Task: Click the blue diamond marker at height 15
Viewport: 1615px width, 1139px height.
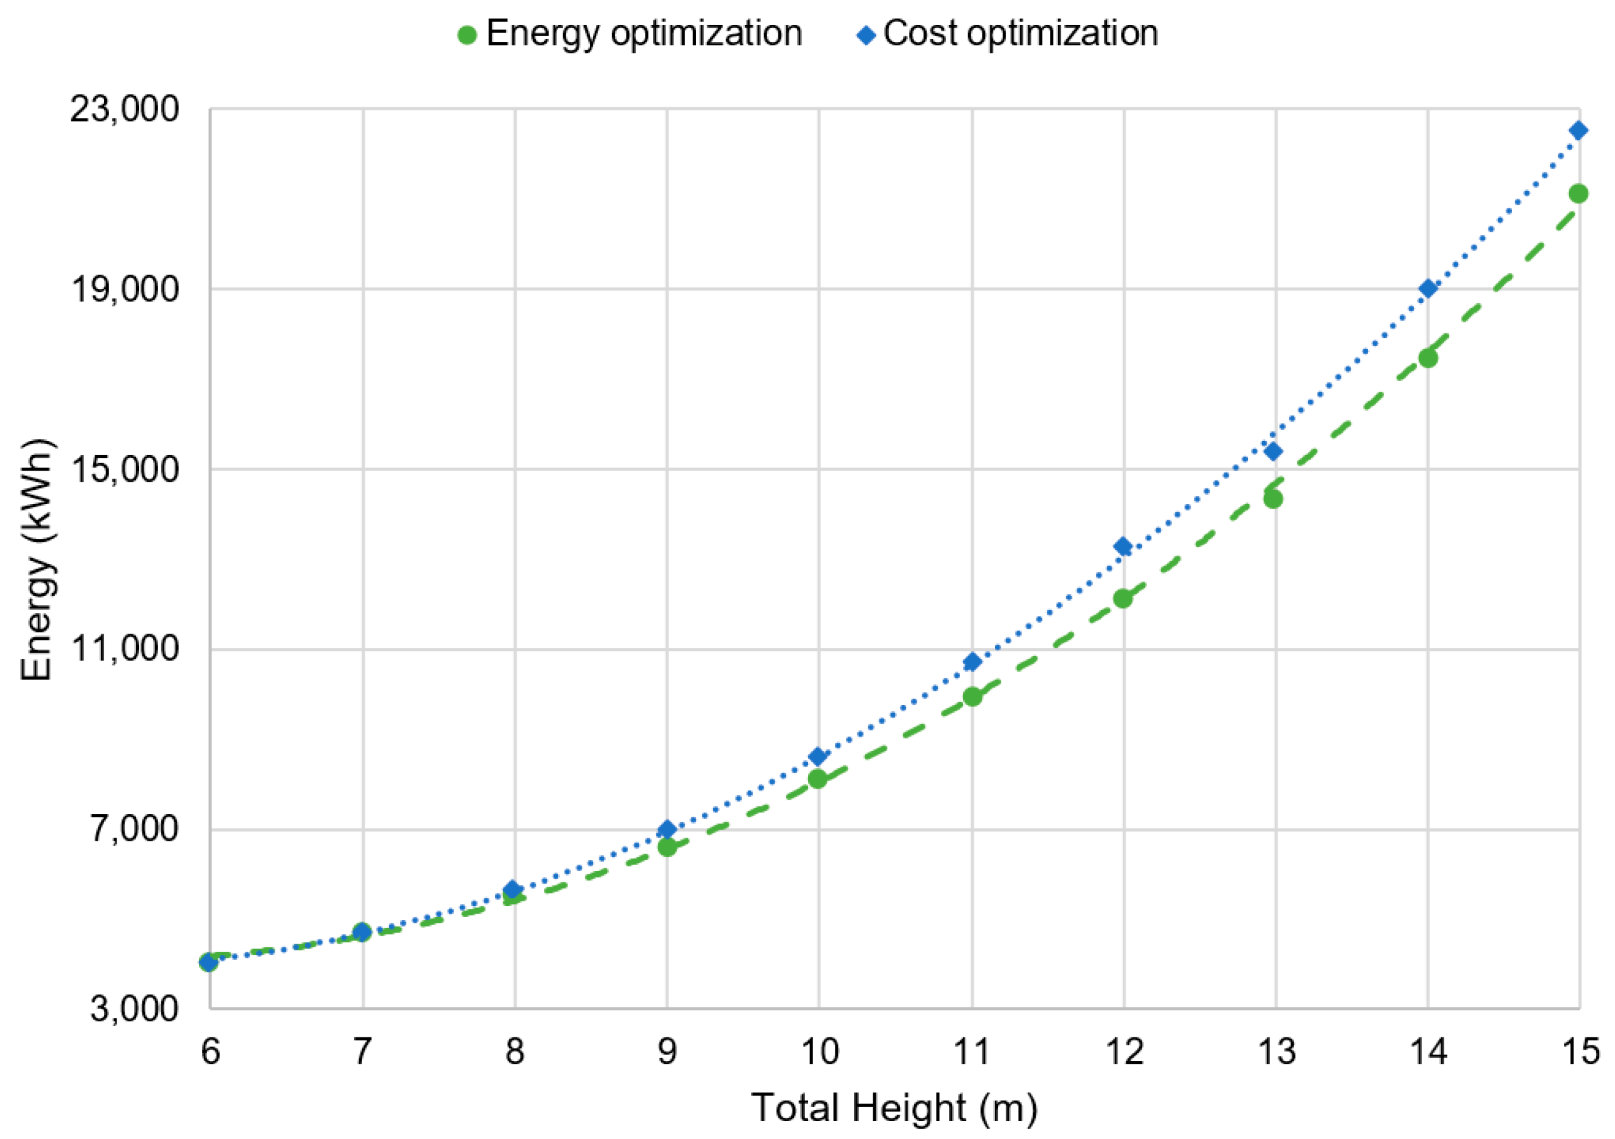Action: tap(1578, 131)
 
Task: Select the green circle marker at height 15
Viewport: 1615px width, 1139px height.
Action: tap(1578, 193)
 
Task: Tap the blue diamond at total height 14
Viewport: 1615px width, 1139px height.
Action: tap(1427, 288)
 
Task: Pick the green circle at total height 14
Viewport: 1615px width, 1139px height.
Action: tap(1427, 358)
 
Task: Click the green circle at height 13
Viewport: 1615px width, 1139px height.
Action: tap(1273, 499)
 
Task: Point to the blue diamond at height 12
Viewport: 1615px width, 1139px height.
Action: tap(1123, 546)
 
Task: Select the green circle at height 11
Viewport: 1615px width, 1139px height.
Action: tap(972, 697)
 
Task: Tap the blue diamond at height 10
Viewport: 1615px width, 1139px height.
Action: tap(817, 756)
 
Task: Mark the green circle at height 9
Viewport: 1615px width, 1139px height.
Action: tap(667, 847)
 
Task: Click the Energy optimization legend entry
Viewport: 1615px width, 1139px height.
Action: tap(630, 33)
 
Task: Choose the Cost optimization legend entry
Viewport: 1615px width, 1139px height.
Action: tap(1007, 33)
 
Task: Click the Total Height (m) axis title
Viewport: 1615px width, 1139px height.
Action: tap(894, 1108)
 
